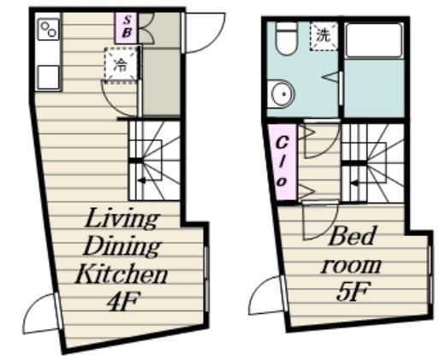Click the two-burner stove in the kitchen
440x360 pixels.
49,29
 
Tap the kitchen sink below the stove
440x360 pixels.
49,77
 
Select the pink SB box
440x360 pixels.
127,27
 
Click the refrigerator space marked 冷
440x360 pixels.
122,65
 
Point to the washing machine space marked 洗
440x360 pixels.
324,36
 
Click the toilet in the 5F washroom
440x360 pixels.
287,38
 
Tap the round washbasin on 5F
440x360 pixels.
282,94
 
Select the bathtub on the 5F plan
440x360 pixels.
374,40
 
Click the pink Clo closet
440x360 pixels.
282,162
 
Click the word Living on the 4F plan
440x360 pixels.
121,218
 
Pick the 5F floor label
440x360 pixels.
354,291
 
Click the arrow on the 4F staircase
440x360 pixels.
141,180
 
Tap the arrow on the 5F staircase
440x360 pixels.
354,183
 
